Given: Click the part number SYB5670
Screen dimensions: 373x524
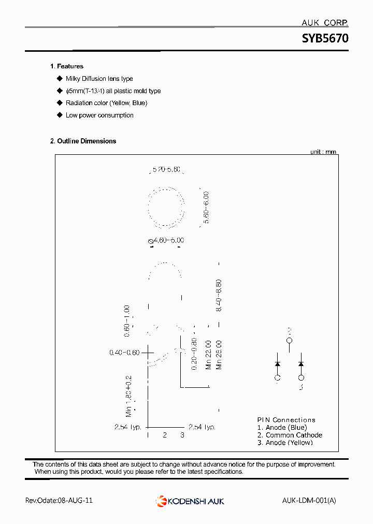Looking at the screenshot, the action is (325, 39).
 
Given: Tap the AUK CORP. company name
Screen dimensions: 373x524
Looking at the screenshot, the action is (325, 23).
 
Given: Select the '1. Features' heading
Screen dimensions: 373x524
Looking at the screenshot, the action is (67, 66).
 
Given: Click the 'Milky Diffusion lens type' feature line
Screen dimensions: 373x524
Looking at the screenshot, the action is (99, 79).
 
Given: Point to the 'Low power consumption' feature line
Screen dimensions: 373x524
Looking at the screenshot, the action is (99, 115).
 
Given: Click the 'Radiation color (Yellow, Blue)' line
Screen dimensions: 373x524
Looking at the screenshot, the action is (106, 103).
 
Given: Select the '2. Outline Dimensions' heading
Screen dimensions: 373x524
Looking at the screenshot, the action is (83, 141).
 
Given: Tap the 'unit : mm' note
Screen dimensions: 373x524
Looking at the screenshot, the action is (323, 152).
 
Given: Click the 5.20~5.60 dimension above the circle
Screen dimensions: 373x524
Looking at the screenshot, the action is (166, 169).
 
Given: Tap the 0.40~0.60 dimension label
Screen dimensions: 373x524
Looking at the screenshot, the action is (124, 353).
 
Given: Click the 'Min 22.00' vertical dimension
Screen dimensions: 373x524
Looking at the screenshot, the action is (208, 355).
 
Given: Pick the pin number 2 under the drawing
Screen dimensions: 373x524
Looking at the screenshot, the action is (165, 435).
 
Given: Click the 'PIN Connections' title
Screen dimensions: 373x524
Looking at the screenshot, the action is (286, 420).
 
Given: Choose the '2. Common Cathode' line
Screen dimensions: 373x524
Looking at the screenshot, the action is (290, 435).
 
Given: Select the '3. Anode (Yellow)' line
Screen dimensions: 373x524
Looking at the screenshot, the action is (285, 443).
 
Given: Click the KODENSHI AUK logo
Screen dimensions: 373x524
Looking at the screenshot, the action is (190, 501).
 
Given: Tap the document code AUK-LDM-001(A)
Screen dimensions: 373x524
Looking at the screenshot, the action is (309, 501).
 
